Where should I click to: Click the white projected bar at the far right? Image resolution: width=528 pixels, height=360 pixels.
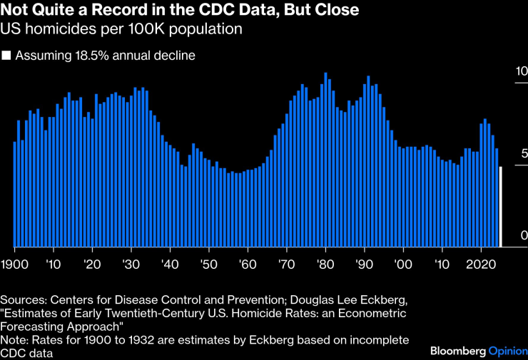[501, 207]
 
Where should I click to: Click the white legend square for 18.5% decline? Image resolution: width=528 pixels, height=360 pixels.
[6, 55]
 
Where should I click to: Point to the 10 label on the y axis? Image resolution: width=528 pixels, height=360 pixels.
[521, 71]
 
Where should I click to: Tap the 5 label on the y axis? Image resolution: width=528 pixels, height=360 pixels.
[522, 153]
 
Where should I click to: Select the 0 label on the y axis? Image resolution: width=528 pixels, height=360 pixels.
[522, 236]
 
